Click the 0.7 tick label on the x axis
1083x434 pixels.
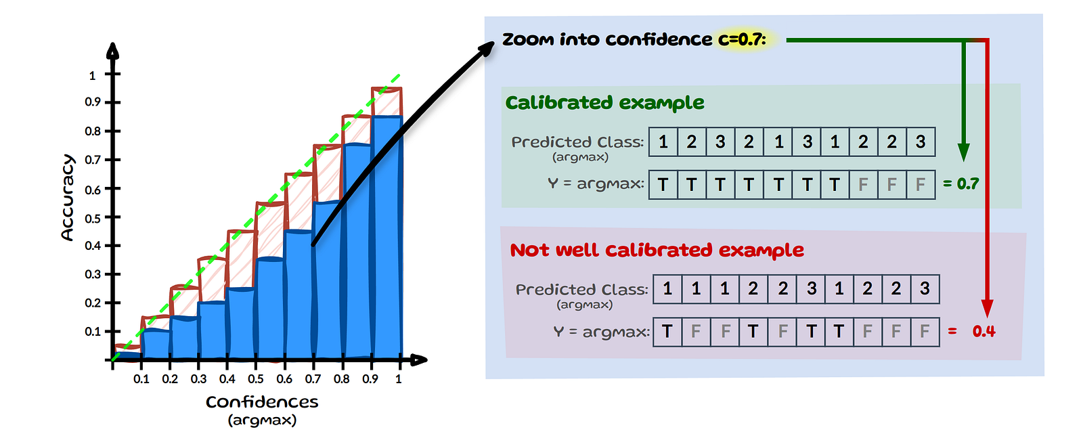pos(313,379)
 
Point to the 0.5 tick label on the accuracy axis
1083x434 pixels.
pos(93,218)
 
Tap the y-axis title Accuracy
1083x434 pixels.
pos(67,197)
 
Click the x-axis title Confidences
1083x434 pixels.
pos(262,402)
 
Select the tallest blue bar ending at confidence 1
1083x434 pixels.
pos(387,237)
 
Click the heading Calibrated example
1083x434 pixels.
pos(604,103)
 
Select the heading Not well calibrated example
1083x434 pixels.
pos(657,251)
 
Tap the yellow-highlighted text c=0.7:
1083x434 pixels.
pos(743,40)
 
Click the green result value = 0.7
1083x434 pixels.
pos(961,184)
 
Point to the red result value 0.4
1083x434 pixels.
pos(983,332)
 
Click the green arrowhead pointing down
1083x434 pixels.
pos(963,152)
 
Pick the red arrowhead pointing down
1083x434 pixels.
pos(987,308)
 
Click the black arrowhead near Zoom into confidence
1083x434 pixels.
pos(487,49)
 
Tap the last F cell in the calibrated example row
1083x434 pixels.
pos(920,185)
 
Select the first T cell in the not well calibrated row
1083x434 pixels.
pos(667,332)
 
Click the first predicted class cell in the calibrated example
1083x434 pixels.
pos(663,142)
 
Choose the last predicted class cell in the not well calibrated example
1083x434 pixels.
pos(925,289)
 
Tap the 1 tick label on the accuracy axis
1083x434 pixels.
pos(93,75)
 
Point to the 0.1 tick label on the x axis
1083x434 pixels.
pos(141,379)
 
